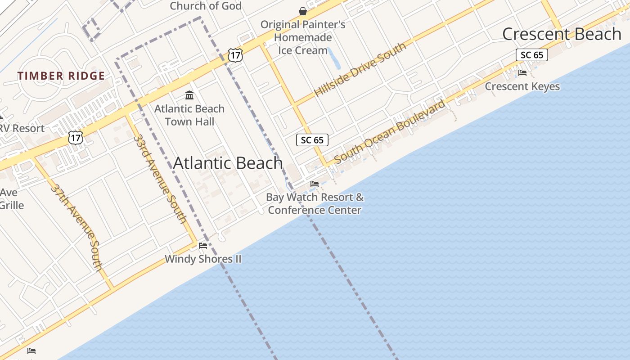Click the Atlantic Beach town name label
point(228,163)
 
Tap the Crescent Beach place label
point(562,34)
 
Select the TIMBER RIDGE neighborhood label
point(61,76)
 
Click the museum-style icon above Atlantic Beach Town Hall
point(189,95)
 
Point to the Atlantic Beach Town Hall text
point(189,115)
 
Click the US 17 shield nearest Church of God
point(235,55)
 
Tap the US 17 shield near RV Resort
point(76,138)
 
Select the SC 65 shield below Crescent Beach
point(531,55)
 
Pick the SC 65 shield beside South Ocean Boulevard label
point(312,140)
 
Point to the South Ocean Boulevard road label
point(390,131)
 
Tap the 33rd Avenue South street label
point(160,179)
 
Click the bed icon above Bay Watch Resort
point(315,184)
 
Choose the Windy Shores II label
point(203,259)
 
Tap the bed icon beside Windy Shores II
point(203,246)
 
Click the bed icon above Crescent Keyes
point(522,72)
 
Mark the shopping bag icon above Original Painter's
point(303,11)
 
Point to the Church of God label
point(206,6)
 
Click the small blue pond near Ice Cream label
point(334,58)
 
